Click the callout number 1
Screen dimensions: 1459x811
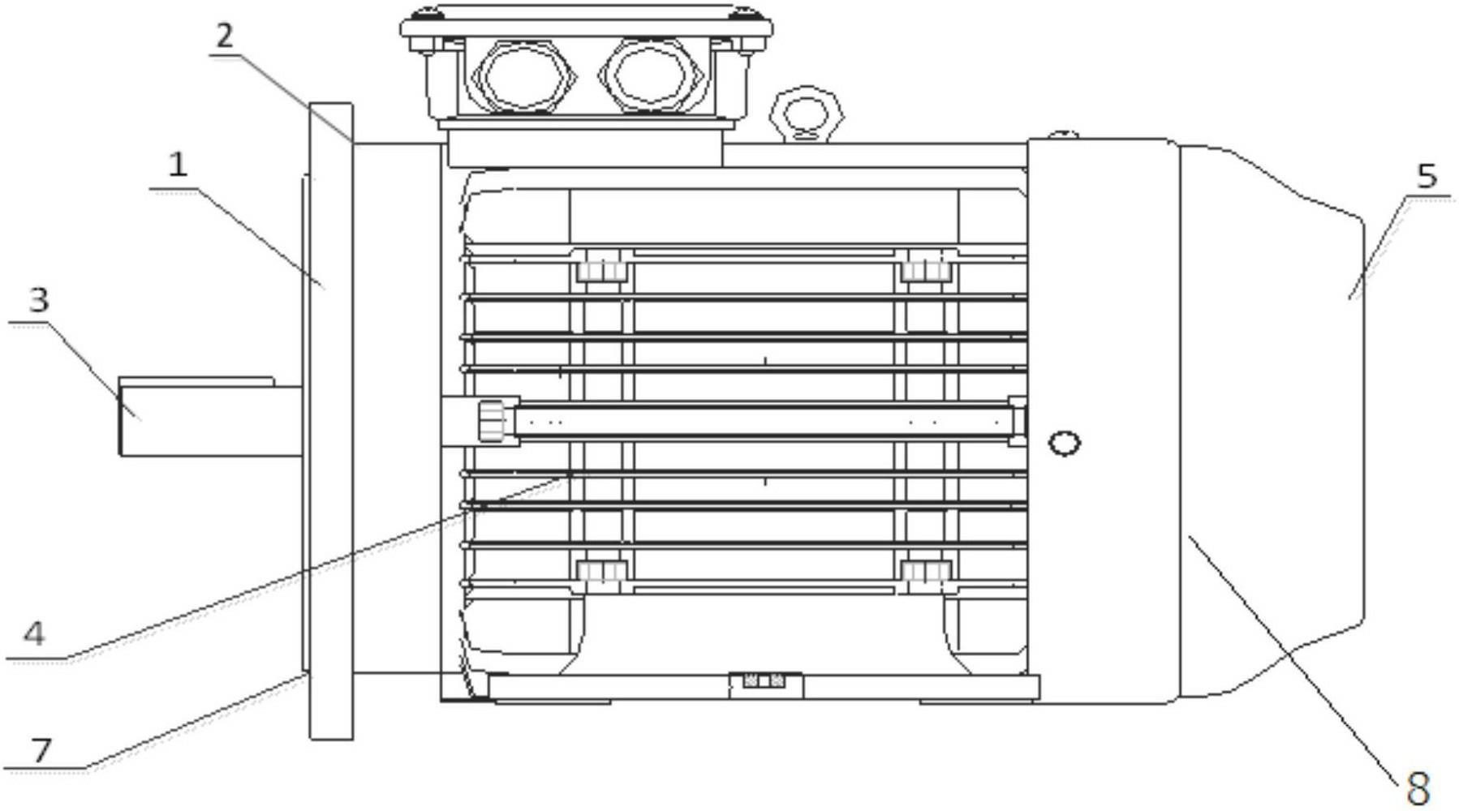pos(178,165)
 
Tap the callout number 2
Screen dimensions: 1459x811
pos(225,36)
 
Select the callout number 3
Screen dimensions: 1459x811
pos(38,300)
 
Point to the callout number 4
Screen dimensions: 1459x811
pos(33,633)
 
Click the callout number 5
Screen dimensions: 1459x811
pos(1426,176)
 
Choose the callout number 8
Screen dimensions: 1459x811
pos(1417,787)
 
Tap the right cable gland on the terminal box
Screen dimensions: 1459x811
pos(650,76)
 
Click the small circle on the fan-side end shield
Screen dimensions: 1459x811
pos(1064,443)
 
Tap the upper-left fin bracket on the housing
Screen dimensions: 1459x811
pos(602,268)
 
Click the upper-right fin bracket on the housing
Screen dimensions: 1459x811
pos(925,268)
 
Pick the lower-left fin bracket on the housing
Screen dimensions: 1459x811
pos(602,571)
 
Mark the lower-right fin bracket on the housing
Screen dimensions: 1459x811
pos(925,571)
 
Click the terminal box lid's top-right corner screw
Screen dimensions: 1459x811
pos(744,14)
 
